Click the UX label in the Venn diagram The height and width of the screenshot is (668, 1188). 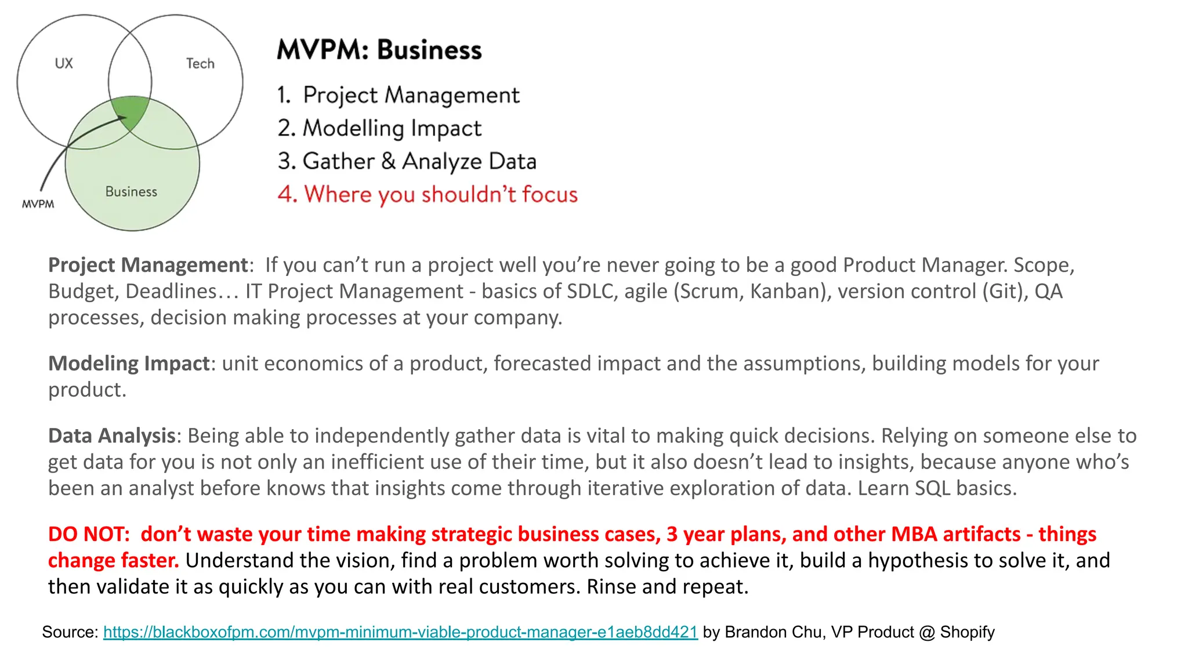point(64,63)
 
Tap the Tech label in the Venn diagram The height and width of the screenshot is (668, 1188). point(200,63)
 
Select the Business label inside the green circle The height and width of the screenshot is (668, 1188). point(131,191)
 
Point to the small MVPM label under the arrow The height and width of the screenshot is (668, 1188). point(38,204)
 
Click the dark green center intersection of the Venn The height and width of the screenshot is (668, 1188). point(131,110)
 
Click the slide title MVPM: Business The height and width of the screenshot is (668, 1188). point(379,50)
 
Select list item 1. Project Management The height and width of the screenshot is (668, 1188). point(399,95)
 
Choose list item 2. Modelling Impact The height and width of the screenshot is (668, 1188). point(380,128)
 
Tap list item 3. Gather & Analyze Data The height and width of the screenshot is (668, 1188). point(407,161)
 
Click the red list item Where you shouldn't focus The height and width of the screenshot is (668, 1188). point(428,194)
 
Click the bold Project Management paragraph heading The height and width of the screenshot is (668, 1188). point(148,265)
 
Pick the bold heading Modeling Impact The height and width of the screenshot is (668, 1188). point(129,364)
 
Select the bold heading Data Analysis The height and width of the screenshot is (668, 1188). point(112,435)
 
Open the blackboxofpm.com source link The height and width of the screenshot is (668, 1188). point(400,632)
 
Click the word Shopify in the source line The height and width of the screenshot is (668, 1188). point(967,632)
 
